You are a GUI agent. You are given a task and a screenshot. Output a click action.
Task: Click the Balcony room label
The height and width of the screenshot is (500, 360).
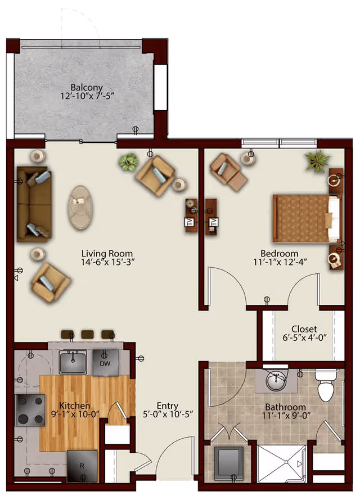87,87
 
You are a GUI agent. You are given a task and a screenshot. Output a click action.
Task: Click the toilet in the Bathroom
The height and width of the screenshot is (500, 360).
326,385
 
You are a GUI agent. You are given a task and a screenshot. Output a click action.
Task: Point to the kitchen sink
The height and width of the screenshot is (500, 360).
73,362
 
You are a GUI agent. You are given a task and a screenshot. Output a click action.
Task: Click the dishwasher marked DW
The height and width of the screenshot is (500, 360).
105,363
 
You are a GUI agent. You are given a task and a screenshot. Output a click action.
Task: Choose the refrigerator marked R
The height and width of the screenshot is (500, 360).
82,466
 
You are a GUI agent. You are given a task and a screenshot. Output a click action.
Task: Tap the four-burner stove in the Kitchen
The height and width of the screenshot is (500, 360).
30,410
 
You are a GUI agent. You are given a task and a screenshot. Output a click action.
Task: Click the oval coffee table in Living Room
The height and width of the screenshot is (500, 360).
80,208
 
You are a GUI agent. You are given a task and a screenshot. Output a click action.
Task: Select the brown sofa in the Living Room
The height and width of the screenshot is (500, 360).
34,204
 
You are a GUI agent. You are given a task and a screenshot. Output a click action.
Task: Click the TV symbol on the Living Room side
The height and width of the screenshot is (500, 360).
188,222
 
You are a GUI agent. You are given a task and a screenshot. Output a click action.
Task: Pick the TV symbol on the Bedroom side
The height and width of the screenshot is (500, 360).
214,222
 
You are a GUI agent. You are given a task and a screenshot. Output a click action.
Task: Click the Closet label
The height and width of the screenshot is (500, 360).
304,329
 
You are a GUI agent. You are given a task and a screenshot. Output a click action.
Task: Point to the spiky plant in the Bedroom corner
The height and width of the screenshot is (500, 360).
317,161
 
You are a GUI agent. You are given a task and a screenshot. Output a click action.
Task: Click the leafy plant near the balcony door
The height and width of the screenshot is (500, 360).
128,162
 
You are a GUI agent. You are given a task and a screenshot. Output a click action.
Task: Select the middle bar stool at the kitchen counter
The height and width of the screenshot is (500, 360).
87,334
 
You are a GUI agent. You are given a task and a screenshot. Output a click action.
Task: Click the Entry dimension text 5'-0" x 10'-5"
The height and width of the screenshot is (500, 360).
168,414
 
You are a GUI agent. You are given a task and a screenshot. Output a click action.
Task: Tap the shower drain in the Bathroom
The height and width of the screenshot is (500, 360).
287,462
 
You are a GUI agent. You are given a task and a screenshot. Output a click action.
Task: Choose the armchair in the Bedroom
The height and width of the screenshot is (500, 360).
228,172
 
